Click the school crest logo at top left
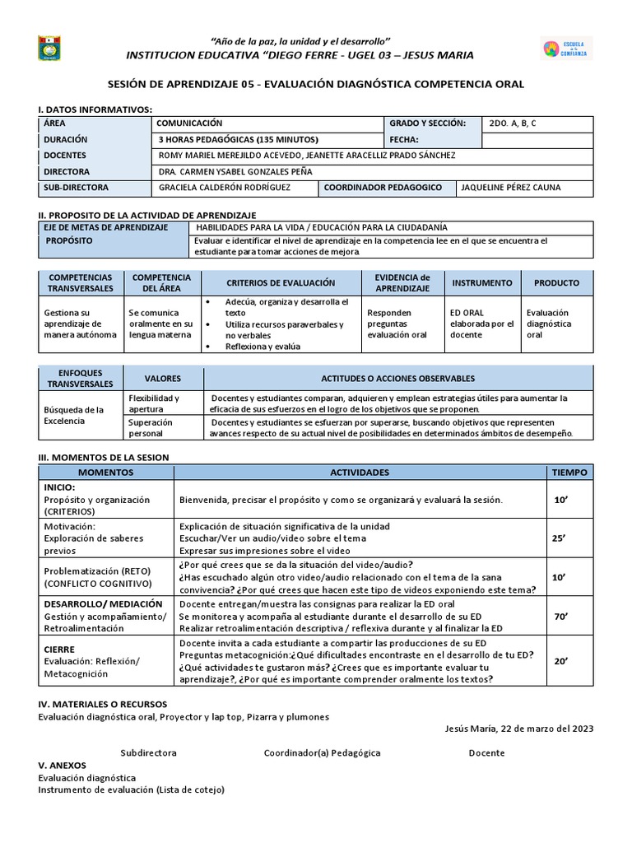[x=49, y=48]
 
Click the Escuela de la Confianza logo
[x=565, y=48]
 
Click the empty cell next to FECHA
[x=537, y=140]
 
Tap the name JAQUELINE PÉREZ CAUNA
[x=511, y=188]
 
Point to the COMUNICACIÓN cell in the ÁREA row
[x=190, y=123]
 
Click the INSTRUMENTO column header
[x=481, y=283]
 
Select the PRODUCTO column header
[x=556, y=283]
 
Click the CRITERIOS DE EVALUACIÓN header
[x=281, y=283]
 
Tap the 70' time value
[x=560, y=615]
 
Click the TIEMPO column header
[x=569, y=473]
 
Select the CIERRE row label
[x=58, y=650]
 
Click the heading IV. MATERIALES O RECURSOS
[x=102, y=704]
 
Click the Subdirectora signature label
[x=148, y=752]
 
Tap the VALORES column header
[x=162, y=379]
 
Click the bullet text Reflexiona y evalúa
[x=263, y=347]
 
